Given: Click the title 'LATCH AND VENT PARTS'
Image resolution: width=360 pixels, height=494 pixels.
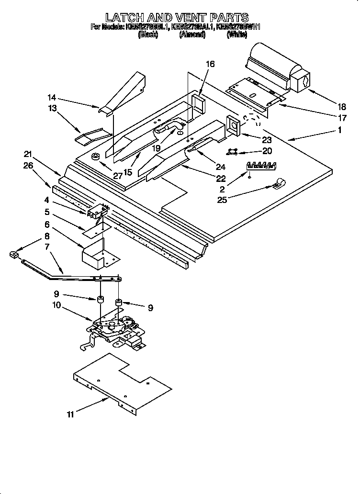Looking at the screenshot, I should pyautogui.click(x=177, y=18).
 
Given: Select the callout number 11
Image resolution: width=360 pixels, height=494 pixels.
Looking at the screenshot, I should pyautogui.click(x=70, y=415).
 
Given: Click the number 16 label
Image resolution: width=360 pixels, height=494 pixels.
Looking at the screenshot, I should pyautogui.click(x=210, y=64).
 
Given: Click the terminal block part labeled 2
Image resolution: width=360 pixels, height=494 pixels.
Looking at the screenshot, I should pyautogui.click(x=261, y=166).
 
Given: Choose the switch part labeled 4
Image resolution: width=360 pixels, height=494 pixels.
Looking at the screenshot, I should pyautogui.click(x=98, y=211).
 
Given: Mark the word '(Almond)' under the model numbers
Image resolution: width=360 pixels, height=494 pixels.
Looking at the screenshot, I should pyautogui.click(x=192, y=35).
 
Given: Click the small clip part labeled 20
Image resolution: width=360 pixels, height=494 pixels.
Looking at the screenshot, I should pyautogui.click(x=233, y=152).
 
